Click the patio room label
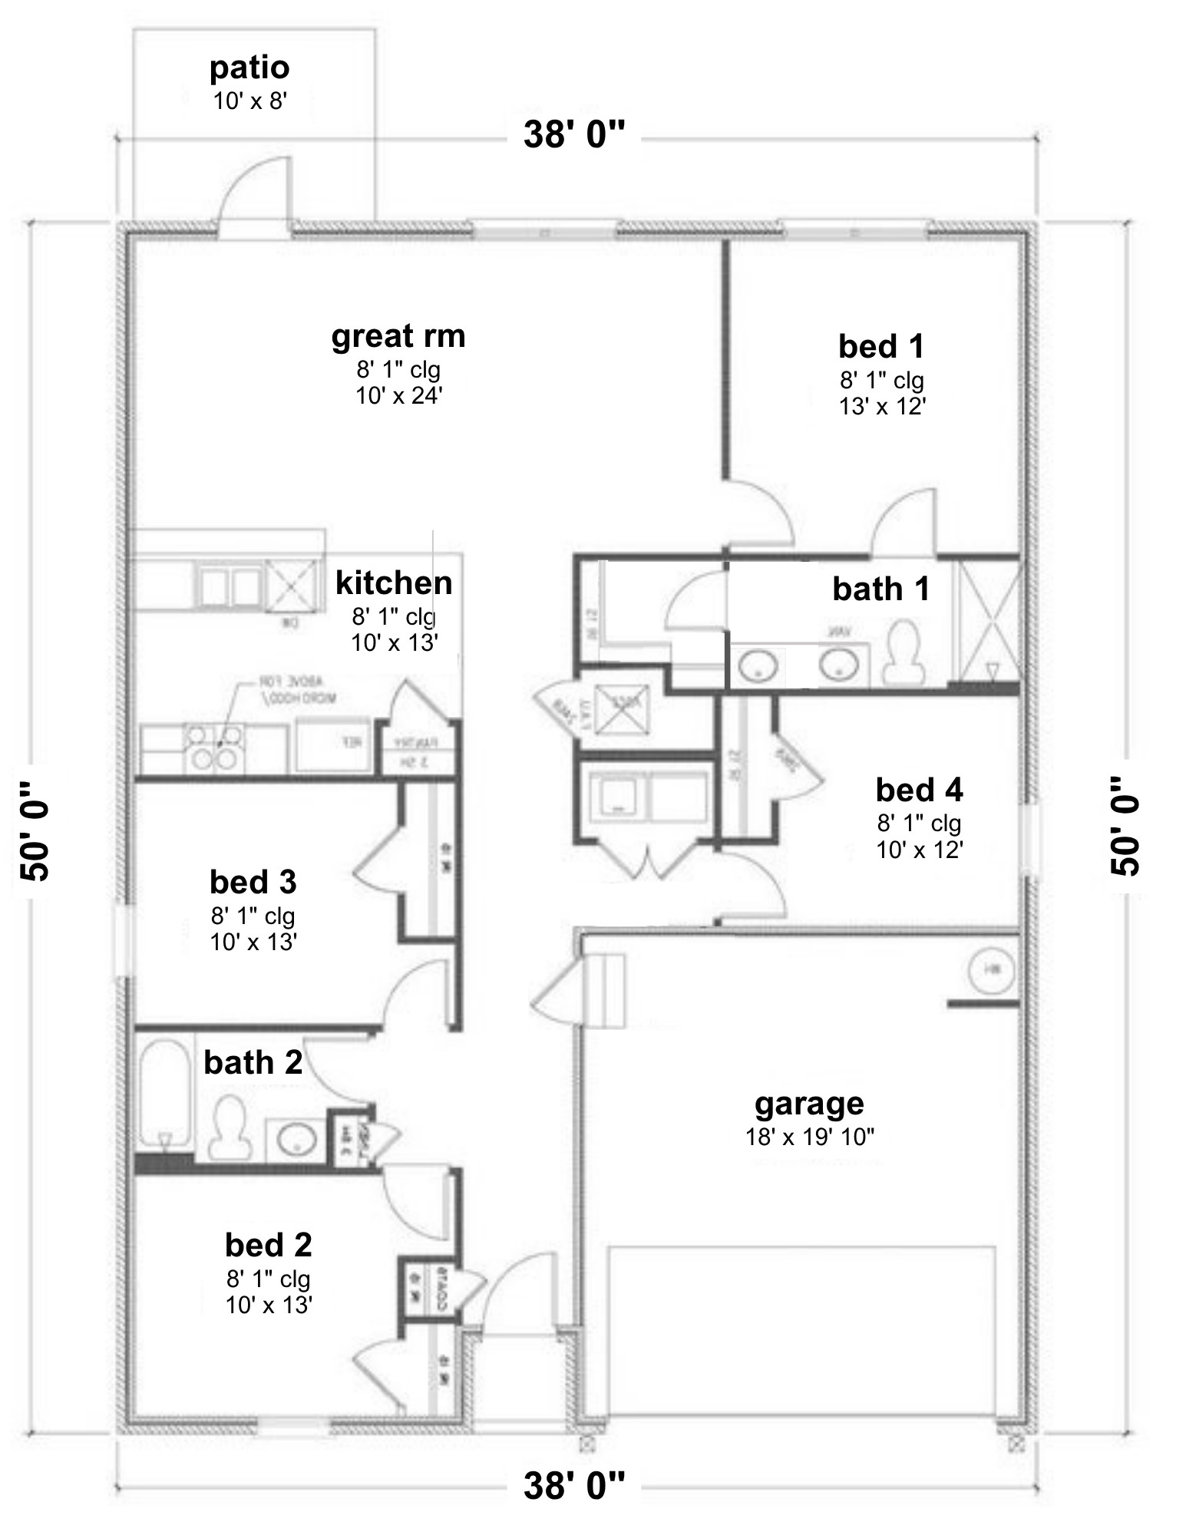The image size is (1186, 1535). click(x=249, y=68)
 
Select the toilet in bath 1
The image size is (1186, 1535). click(x=904, y=653)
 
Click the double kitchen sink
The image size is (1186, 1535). click(x=228, y=587)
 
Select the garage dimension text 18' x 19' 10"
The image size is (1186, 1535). click(x=810, y=1137)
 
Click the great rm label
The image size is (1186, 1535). click(x=398, y=335)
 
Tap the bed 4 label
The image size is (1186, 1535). click(x=919, y=789)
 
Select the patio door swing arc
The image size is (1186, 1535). click(x=253, y=192)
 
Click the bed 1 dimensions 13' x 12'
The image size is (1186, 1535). click(x=881, y=406)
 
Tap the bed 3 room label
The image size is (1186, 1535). click(x=253, y=882)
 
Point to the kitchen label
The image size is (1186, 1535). click(x=394, y=583)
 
